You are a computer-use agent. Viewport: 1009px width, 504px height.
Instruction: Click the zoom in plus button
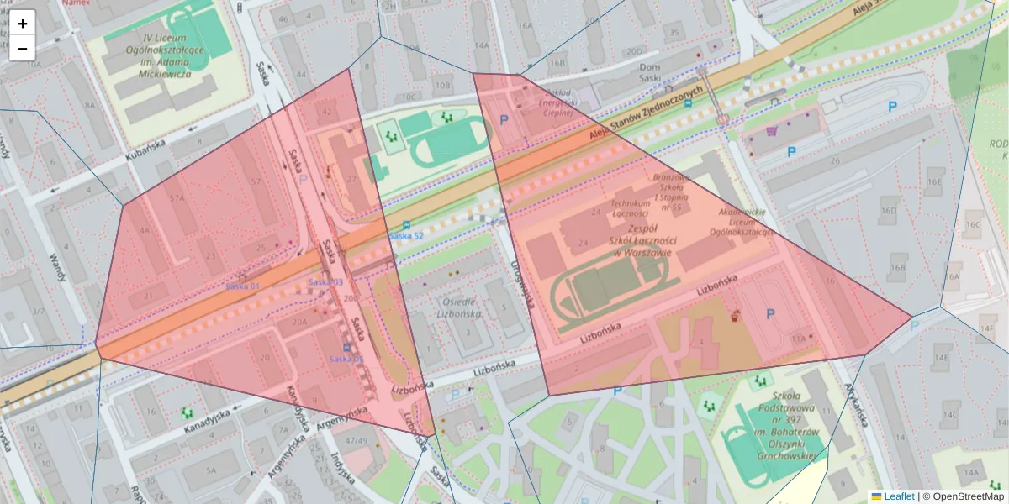[23, 24]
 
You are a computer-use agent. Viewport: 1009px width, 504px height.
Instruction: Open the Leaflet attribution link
[898, 496]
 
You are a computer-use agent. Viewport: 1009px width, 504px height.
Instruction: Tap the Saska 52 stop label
[406, 236]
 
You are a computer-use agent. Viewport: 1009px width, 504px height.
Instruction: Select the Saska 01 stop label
[242, 286]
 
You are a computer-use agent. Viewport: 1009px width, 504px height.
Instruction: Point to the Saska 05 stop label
[346, 359]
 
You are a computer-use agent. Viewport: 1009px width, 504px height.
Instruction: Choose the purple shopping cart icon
[772, 131]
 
